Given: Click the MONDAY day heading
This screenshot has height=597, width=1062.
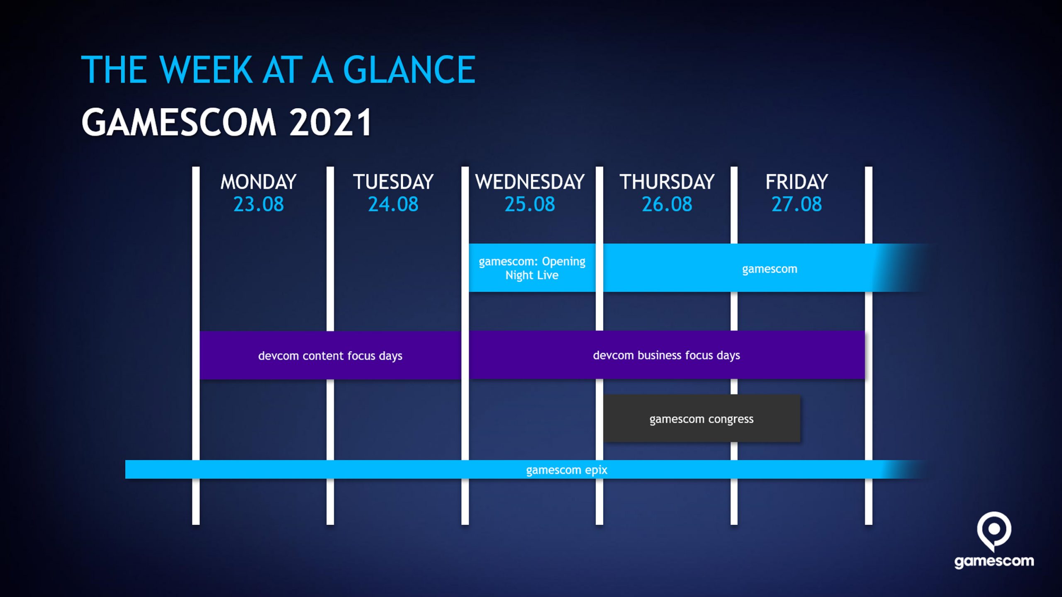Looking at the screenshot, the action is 258,182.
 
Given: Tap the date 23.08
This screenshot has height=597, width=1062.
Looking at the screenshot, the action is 258,204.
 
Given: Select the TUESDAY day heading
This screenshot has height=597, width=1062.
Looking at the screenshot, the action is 393,182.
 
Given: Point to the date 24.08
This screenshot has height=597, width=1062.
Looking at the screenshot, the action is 393,204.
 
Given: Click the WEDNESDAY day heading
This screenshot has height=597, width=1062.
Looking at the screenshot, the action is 530,182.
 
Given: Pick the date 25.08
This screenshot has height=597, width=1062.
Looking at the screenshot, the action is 530,204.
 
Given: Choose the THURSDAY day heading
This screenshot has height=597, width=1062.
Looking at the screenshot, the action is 667,182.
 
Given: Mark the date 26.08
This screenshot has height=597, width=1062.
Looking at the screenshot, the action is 667,204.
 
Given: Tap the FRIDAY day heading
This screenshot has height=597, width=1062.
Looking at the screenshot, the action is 796,182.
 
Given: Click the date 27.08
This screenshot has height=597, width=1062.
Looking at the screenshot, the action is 796,204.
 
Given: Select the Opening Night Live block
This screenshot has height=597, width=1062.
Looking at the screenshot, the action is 532,268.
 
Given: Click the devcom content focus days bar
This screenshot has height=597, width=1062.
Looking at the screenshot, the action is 330,355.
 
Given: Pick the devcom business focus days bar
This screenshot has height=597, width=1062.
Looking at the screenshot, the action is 667,355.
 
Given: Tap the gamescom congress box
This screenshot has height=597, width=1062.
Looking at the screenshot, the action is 702,419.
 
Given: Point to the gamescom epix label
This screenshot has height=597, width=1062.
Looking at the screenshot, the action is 567,470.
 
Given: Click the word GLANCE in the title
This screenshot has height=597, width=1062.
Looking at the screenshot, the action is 409,70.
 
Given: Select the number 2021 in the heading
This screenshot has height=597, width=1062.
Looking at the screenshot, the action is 330,122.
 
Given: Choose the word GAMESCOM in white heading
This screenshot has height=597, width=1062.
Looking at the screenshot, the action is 179,122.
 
